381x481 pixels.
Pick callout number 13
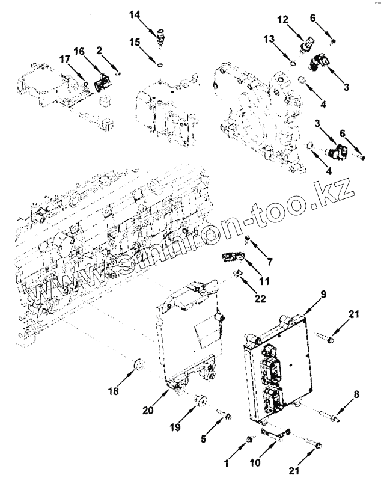point(269,38)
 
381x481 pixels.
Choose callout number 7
point(269,262)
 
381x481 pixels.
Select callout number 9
point(323,294)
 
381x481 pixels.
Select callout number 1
point(227,464)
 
